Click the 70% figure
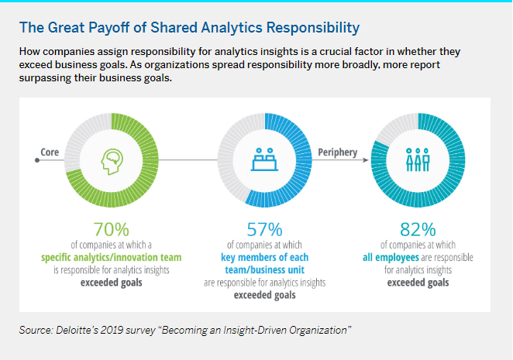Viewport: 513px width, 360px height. coord(112,231)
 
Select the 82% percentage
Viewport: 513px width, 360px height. coord(418,231)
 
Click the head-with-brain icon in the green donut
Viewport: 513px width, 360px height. coord(112,160)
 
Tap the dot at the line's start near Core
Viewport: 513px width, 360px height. coord(36,160)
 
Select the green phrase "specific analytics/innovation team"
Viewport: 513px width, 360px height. coord(111,258)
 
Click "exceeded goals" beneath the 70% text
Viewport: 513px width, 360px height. coord(111,283)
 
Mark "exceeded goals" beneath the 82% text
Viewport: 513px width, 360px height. coord(418,283)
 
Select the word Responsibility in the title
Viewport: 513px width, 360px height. coord(311,29)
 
